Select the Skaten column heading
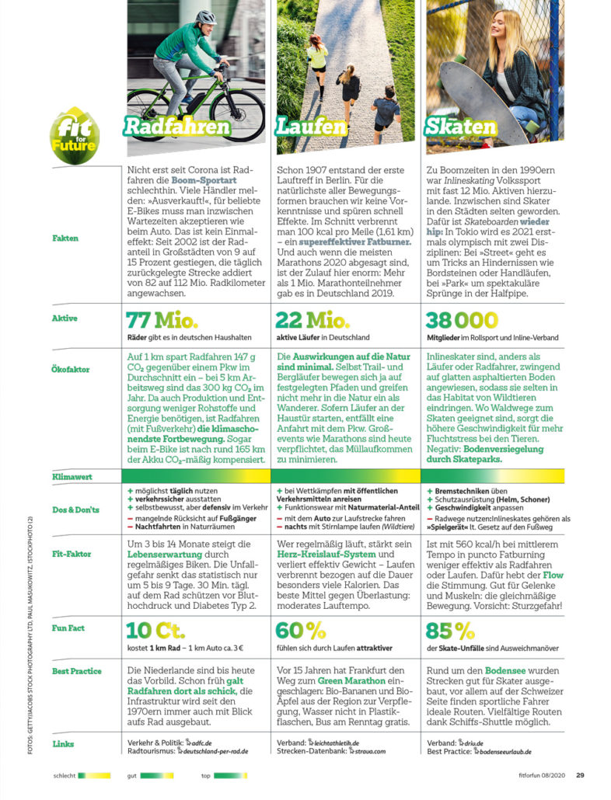coord(460,126)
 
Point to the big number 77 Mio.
coord(161,320)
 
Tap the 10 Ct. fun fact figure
coord(155,630)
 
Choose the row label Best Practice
coord(76,670)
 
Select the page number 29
coord(580,774)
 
